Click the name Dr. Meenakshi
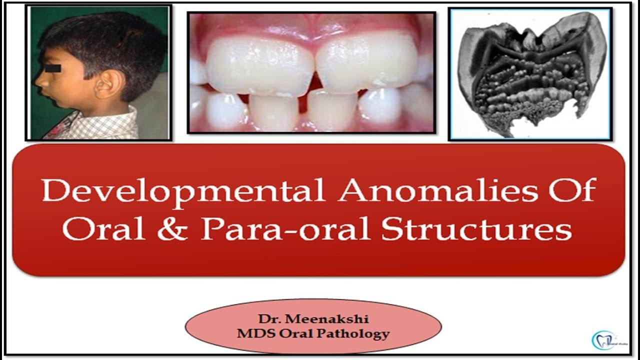point(313,319)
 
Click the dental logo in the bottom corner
point(605,339)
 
